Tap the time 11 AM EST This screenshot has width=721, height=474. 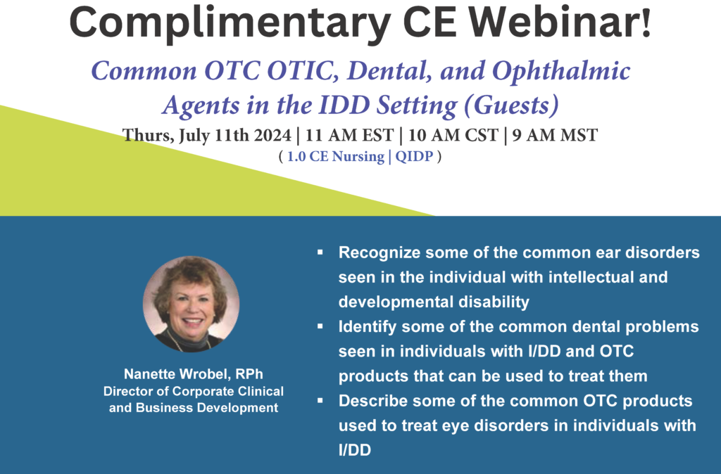click(349, 135)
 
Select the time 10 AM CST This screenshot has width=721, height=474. click(453, 135)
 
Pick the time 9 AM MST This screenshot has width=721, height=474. click(555, 135)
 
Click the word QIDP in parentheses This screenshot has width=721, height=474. click(414, 156)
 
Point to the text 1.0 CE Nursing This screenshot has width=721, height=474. click(336, 157)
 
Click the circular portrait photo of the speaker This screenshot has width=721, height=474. click(191, 304)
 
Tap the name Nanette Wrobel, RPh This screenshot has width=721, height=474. click(194, 374)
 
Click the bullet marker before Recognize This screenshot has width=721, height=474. click(320, 252)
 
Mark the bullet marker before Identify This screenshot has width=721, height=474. click(320, 326)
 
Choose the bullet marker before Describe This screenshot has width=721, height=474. click(320, 401)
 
